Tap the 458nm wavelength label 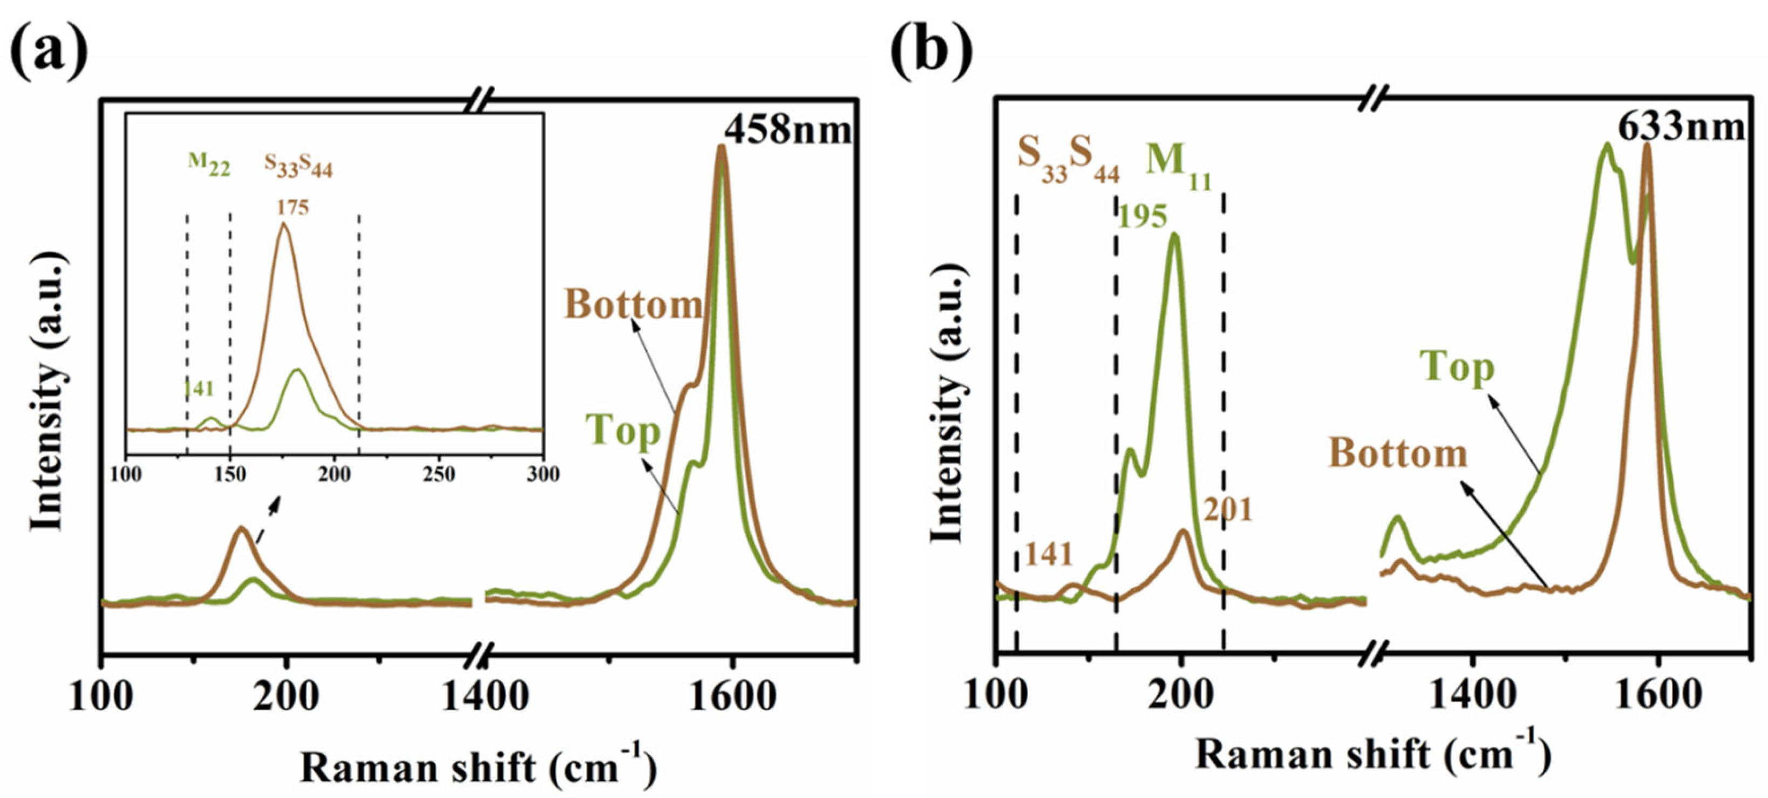pyautogui.click(x=788, y=129)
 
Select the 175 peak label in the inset pyautogui.click(x=293, y=207)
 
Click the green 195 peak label pyautogui.click(x=1143, y=217)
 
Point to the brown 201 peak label pyautogui.click(x=1228, y=510)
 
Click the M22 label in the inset pyautogui.click(x=209, y=165)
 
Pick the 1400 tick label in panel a pyautogui.click(x=485, y=697)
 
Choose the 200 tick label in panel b pyautogui.click(x=1180, y=696)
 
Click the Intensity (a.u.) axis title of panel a pyautogui.click(x=48, y=391)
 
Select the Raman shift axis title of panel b pyautogui.click(x=1372, y=755)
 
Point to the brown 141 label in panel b pyautogui.click(x=1049, y=555)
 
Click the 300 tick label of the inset pyautogui.click(x=542, y=474)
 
